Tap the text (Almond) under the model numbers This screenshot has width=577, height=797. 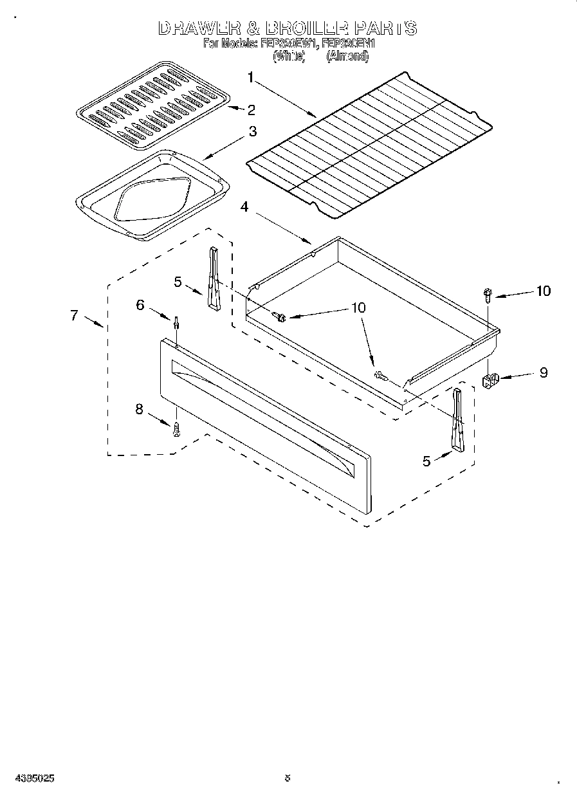pos(347,57)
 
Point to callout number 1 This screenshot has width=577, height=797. pos(251,78)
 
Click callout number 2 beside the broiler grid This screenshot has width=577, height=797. pos(252,109)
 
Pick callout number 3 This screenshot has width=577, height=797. pos(252,131)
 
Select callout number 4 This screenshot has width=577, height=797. pos(244,206)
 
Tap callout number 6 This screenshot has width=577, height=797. pos(140,305)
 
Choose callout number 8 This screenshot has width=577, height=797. pos(140,408)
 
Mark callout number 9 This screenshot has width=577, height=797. pos(543,372)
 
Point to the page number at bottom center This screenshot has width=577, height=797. pos(288,777)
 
